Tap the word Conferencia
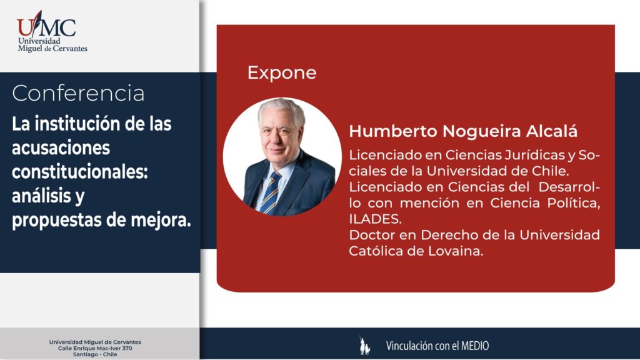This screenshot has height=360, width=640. tap(78, 94)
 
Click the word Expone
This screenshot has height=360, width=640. tap(282, 72)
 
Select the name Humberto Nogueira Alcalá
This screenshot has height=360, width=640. tap(463, 131)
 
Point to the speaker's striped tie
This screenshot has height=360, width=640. tap(271, 192)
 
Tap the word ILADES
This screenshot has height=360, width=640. tap(375, 219)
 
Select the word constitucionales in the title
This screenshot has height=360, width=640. tap(79, 171)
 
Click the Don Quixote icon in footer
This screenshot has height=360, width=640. tap(364, 345)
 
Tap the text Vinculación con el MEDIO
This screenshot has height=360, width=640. tap(437, 346)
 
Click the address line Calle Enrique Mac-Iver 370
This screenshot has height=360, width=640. tap(95, 348)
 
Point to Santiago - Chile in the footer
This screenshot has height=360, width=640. tap(95, 354)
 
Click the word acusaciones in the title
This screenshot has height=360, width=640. tap(61, 147)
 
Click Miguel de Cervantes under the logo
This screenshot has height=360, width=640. tap(52, 49)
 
